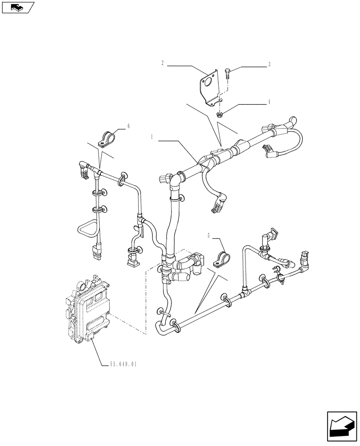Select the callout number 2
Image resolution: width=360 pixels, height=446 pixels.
coord(163,64)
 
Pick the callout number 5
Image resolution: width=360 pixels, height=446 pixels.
coord(209,234)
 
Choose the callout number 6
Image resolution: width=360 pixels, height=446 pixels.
coord(129,126)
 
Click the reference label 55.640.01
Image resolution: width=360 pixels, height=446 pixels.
coord(123,364)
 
